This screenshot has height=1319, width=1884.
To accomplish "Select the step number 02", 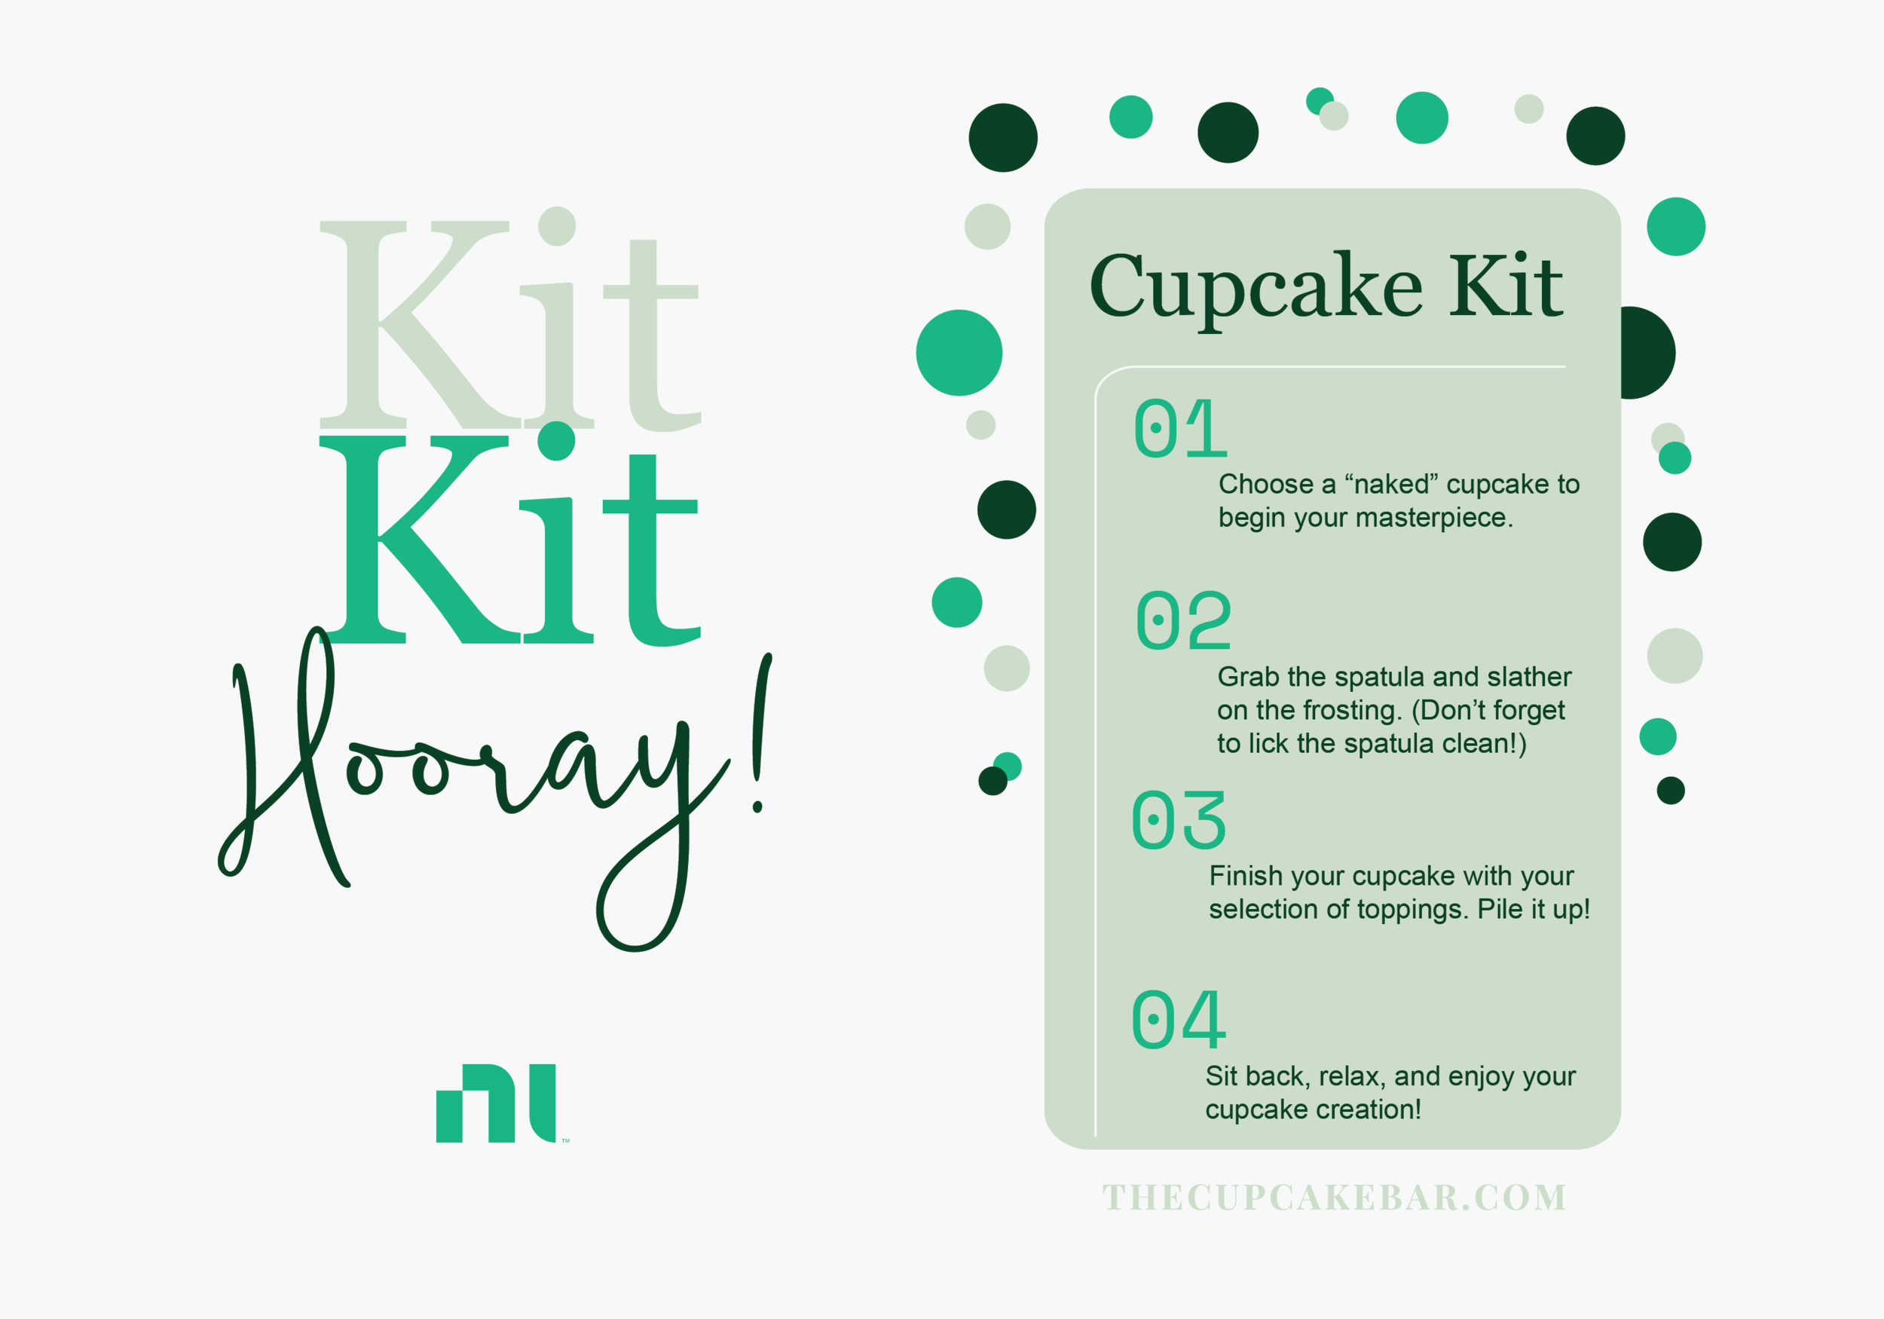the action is [x=1183, y=620].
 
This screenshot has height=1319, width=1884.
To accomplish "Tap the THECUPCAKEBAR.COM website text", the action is [x=1334, y=1198].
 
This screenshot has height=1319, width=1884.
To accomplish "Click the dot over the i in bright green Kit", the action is [x=556, y=441].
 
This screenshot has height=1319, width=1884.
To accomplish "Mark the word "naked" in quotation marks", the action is [x=1391, y=485].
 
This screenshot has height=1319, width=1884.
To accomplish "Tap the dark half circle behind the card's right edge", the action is [x=1647, y=353].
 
